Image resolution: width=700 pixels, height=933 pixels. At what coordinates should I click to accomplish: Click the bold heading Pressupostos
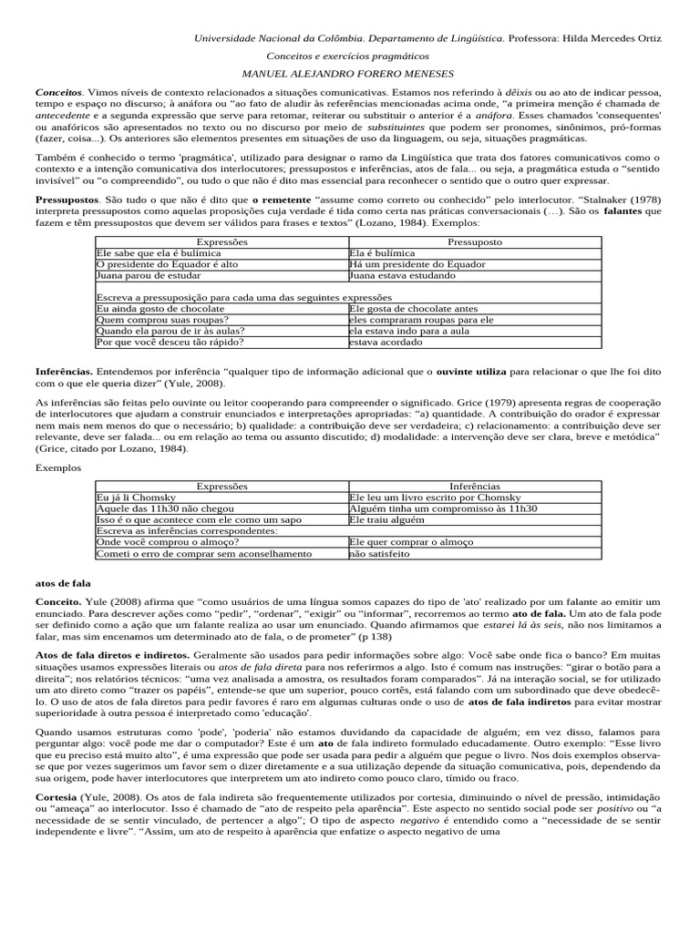pos(66,198)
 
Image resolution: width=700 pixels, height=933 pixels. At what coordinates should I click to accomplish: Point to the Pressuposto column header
pos(474,242)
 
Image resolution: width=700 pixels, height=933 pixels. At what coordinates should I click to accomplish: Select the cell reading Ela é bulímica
pos(382,253)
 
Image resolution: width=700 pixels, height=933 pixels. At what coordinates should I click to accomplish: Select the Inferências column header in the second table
pos(474,487)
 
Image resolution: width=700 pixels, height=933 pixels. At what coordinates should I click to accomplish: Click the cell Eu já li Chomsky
pos(133,497)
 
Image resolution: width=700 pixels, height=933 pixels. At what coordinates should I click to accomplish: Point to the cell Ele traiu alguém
pos(387,519)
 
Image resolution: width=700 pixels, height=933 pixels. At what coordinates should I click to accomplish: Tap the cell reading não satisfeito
pos(383,553)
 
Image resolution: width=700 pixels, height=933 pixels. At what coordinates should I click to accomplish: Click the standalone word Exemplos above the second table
pos(58,467)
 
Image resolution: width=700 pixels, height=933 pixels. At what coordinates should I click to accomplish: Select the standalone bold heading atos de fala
pos(62,581)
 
